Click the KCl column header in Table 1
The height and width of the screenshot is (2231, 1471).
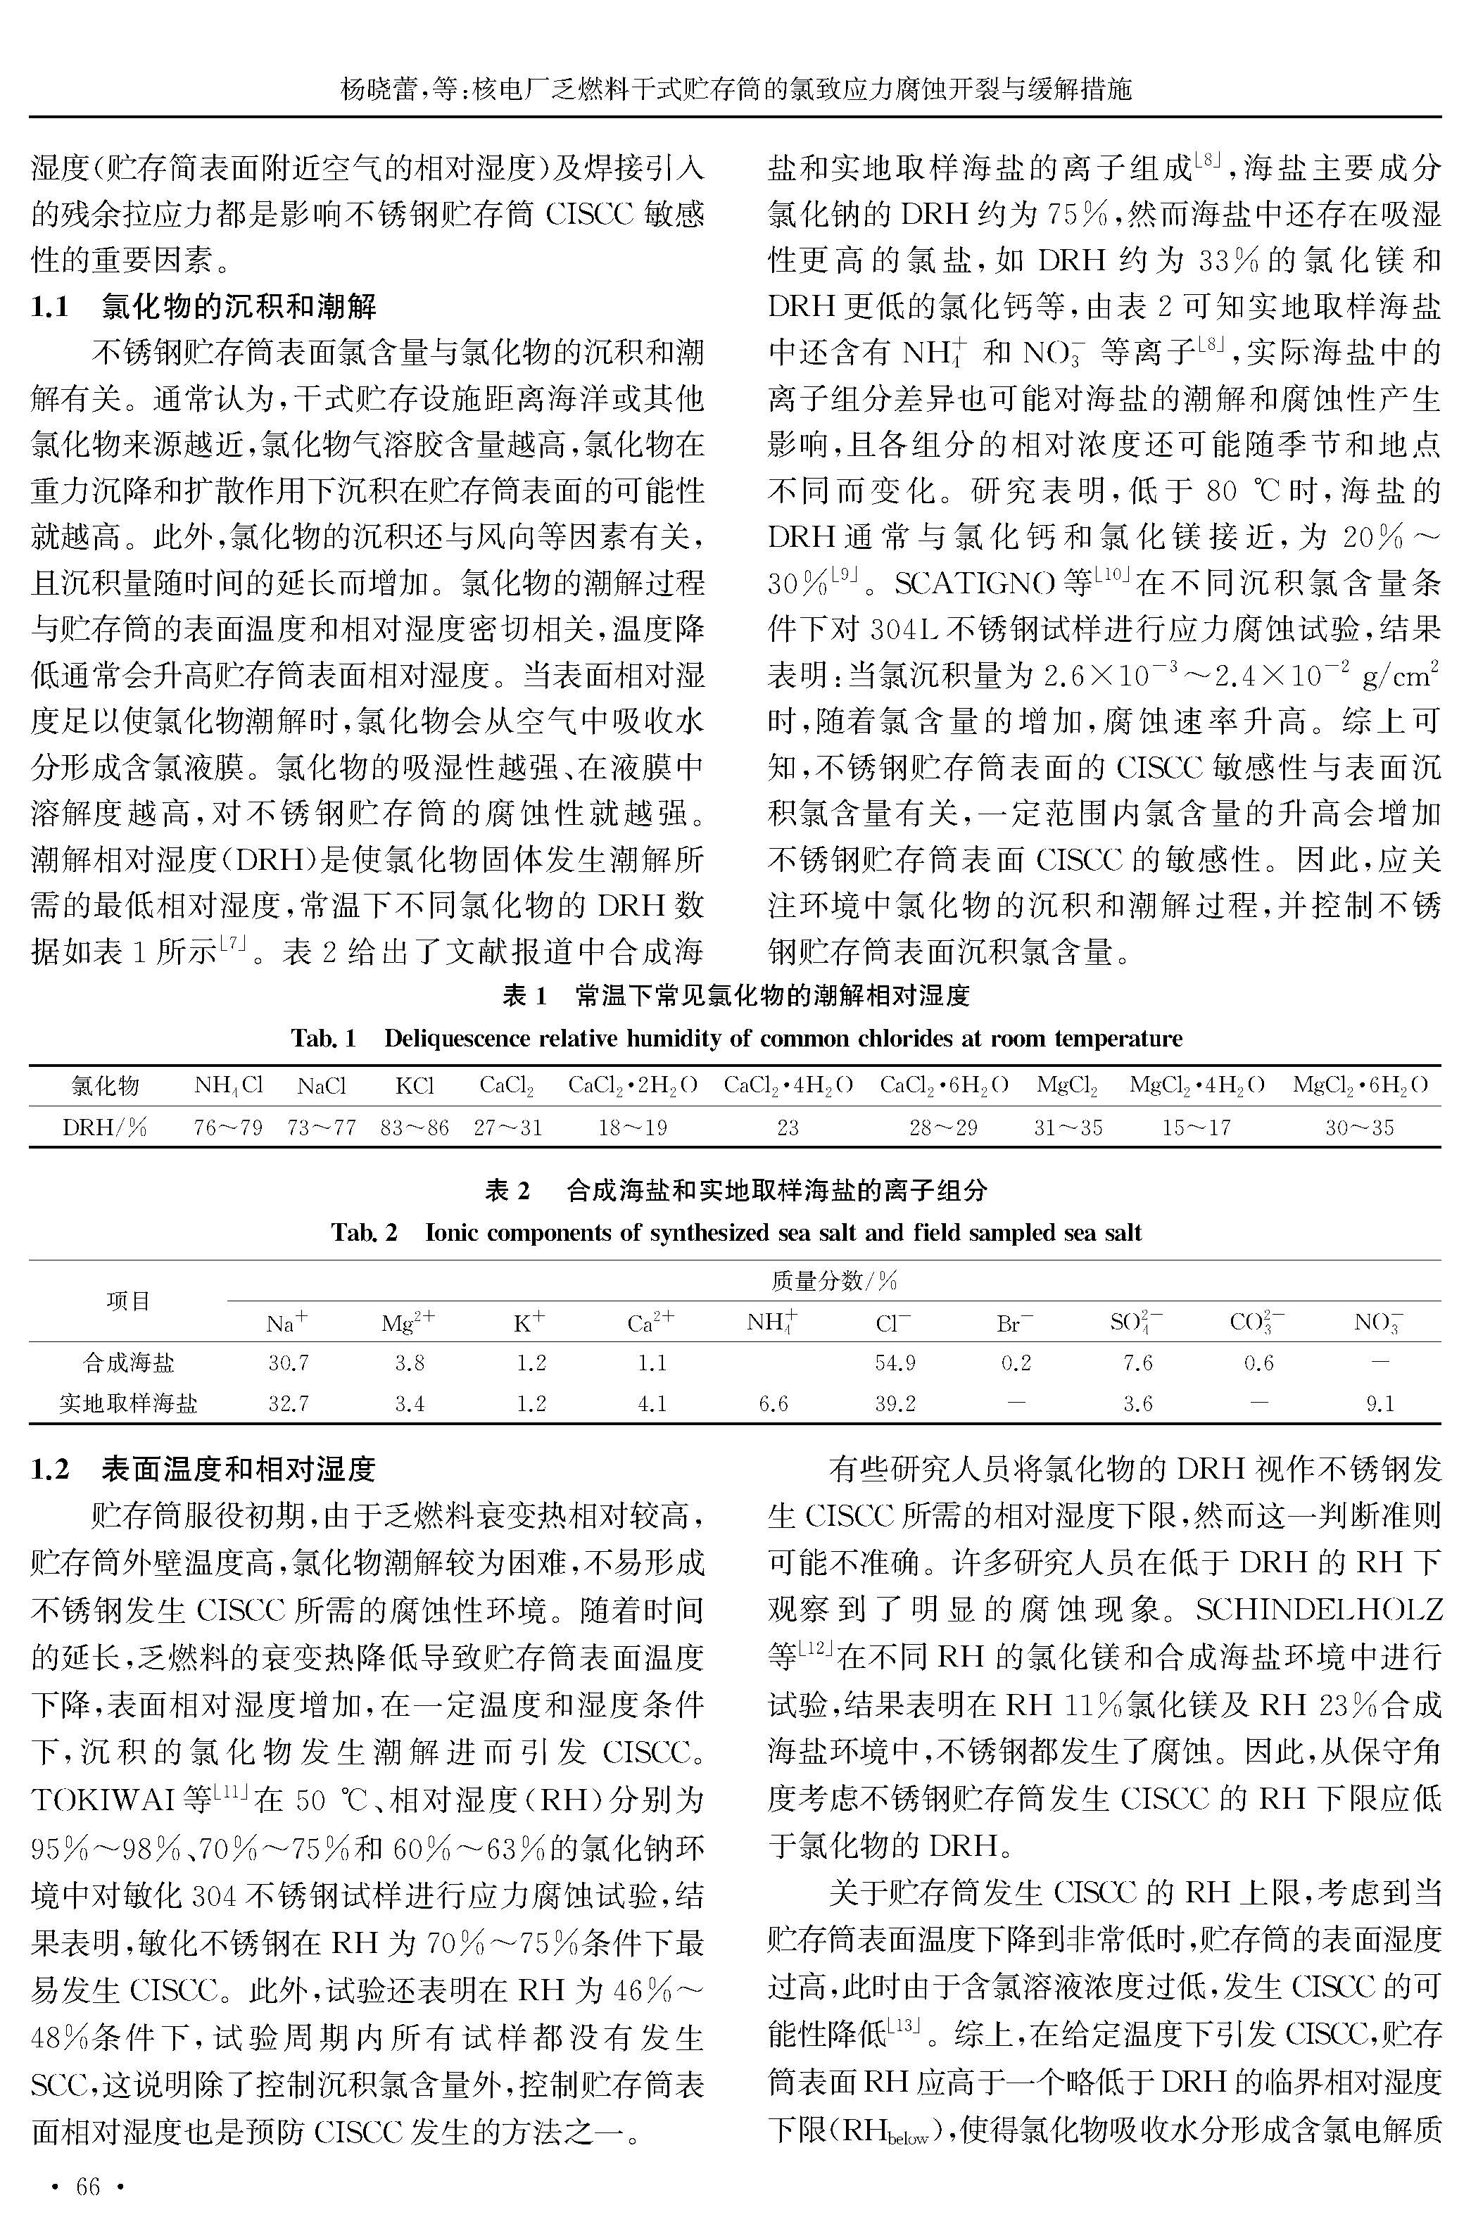click(x=414, y=1086)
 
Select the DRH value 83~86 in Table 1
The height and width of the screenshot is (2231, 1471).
click(x=415, y=1127)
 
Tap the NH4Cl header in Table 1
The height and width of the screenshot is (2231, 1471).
click(x=228, y=1086)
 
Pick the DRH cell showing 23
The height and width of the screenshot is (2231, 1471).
click(x=787, y=1127)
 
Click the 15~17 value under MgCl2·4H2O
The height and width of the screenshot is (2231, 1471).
click(x=1196, y=1127)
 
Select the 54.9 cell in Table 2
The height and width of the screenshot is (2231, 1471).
click(x=894, y=1363)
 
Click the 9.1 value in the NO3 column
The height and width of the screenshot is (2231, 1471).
click(x=1379, y=1404)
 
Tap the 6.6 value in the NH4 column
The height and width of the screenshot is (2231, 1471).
click(x=773, y=1404)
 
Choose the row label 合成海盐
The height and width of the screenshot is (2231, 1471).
click(x=129, y=1363)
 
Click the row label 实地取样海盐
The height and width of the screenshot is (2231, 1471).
click(x=129, y=1404)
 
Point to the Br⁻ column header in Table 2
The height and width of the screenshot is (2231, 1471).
click(x=1014, y=1323)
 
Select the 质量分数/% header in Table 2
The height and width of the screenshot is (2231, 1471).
click(x=833, y=1281)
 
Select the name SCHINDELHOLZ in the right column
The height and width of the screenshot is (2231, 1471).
click(x=1318, y=1610)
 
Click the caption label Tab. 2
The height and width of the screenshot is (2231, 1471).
click(x=364, y=1232)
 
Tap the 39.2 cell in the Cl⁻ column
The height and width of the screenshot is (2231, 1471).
click(x=894, y=1404)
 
